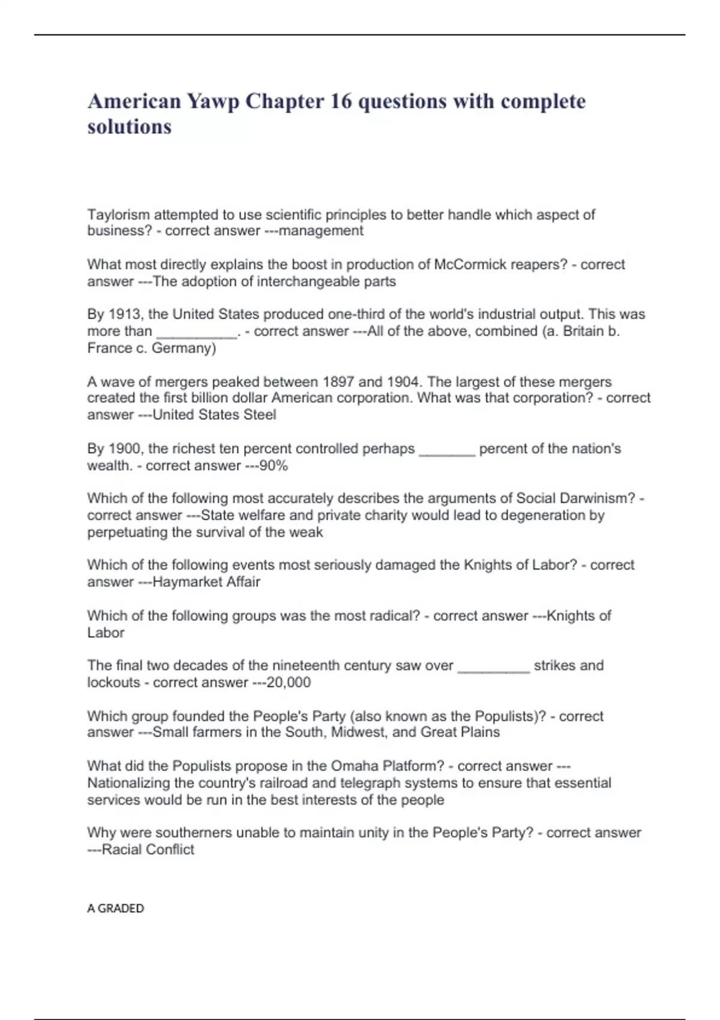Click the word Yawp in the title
[212, 101]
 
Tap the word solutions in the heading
[130, 127]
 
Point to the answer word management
[321, 231]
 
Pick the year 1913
[125, 314]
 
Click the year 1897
[340, 382]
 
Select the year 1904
[403, 382]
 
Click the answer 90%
[274, 466]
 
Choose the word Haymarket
[179, 581]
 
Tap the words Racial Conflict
[148, 850]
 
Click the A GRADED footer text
[116, 908]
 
